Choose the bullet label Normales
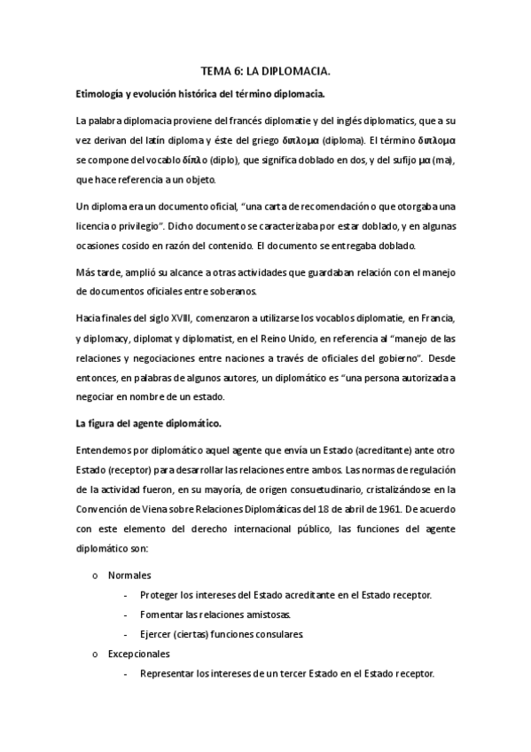pos(129,575)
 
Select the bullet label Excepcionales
pos(139,654)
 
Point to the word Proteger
pos(161,594)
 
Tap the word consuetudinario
pos(303,490)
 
